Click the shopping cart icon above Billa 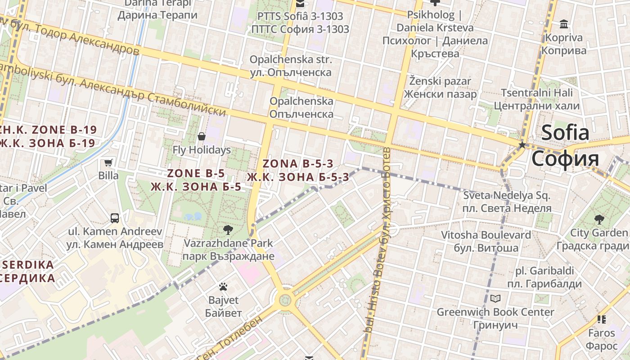pyautogui.click(x=108, y=163)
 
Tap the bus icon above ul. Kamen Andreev pyautogui.click(x=115, y=218)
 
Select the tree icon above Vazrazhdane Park pyautogui.click(x=228, y=230)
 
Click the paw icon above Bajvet pyautogui.click(x=223, y=287)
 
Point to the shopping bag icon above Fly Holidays pyautogui.click(x=202, y=136)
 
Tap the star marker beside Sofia pyautogui.click(x=522, y=145)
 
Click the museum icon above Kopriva pyautogui.click(x=563, y=24)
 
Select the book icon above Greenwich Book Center pyautogui.click(x=495, y=298)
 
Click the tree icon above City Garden pyautogui.click(x=599, y=220)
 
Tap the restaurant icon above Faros pyautogui.click(x=602, y=319)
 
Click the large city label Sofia pyautogui.click(x=565, y=132)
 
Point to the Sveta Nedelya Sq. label pyautogui.click(x=507, y=196)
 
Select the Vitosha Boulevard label pyautogui.click(x=486, y=235)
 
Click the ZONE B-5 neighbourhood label pyautogui.click(x=196, y=173)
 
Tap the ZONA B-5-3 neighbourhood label pyautogui.click(x=298, y=164)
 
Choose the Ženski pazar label pyautogui.click(x=440, y=81)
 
